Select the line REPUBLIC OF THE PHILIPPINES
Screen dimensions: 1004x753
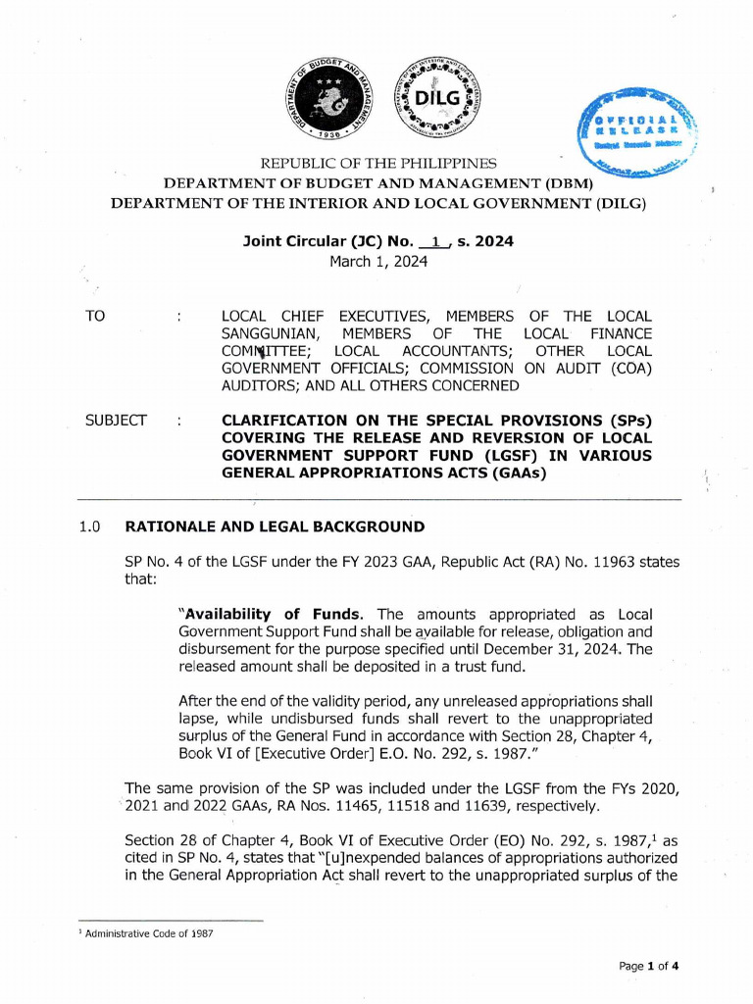click(377, 163)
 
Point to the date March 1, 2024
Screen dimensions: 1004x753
click(377, 261)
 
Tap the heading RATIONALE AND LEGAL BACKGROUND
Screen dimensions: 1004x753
click(275, 527)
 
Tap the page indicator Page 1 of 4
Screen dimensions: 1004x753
click(648, 966)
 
